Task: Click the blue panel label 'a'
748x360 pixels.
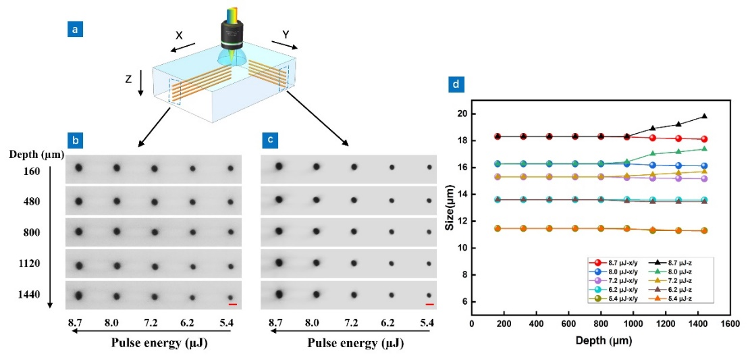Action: coord(75,30)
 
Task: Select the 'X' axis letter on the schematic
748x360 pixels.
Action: coord(179,35)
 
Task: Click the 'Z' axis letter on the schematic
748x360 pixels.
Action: coord(129,79)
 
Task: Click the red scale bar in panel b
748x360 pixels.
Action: coord(232,305)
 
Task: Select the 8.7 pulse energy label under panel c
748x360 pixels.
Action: coord(275,323)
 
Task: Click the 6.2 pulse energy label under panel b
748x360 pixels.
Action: coord(193,323)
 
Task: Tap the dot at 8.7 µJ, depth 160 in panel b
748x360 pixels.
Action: coord(79,168)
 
